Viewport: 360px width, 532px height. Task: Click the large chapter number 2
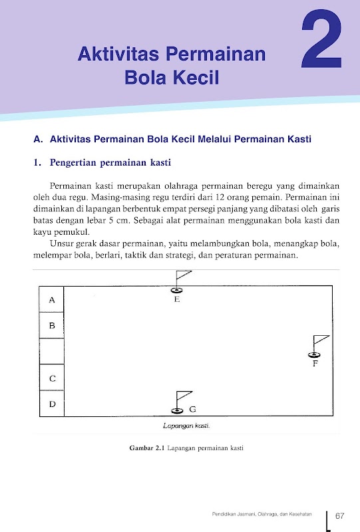tap(321, 39)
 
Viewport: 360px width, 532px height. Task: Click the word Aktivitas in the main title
tap(118, 54)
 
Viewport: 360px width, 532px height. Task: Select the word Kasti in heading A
tap(299, 139)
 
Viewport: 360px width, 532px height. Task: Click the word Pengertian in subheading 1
tap(73, 163)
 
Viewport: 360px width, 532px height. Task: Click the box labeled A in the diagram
tap(52, 299)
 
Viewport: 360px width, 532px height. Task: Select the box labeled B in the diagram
tap(52, 325)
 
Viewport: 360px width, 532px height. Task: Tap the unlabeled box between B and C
tap(52, 351)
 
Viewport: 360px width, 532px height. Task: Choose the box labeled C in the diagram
tap(52, 377)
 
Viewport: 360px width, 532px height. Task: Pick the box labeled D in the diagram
tap(52, 404)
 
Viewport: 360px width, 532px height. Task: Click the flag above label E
tap(184, 275)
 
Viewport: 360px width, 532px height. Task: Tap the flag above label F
tap(321, 340)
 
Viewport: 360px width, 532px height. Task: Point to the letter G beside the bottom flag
tap(192, 409)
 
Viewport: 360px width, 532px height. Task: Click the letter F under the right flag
tap(315, 364)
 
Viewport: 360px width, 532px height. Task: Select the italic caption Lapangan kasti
tap(186, 426)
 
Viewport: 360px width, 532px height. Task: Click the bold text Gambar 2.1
tap(147, 448)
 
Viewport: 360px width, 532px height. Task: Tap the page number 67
tap(340, 516)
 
